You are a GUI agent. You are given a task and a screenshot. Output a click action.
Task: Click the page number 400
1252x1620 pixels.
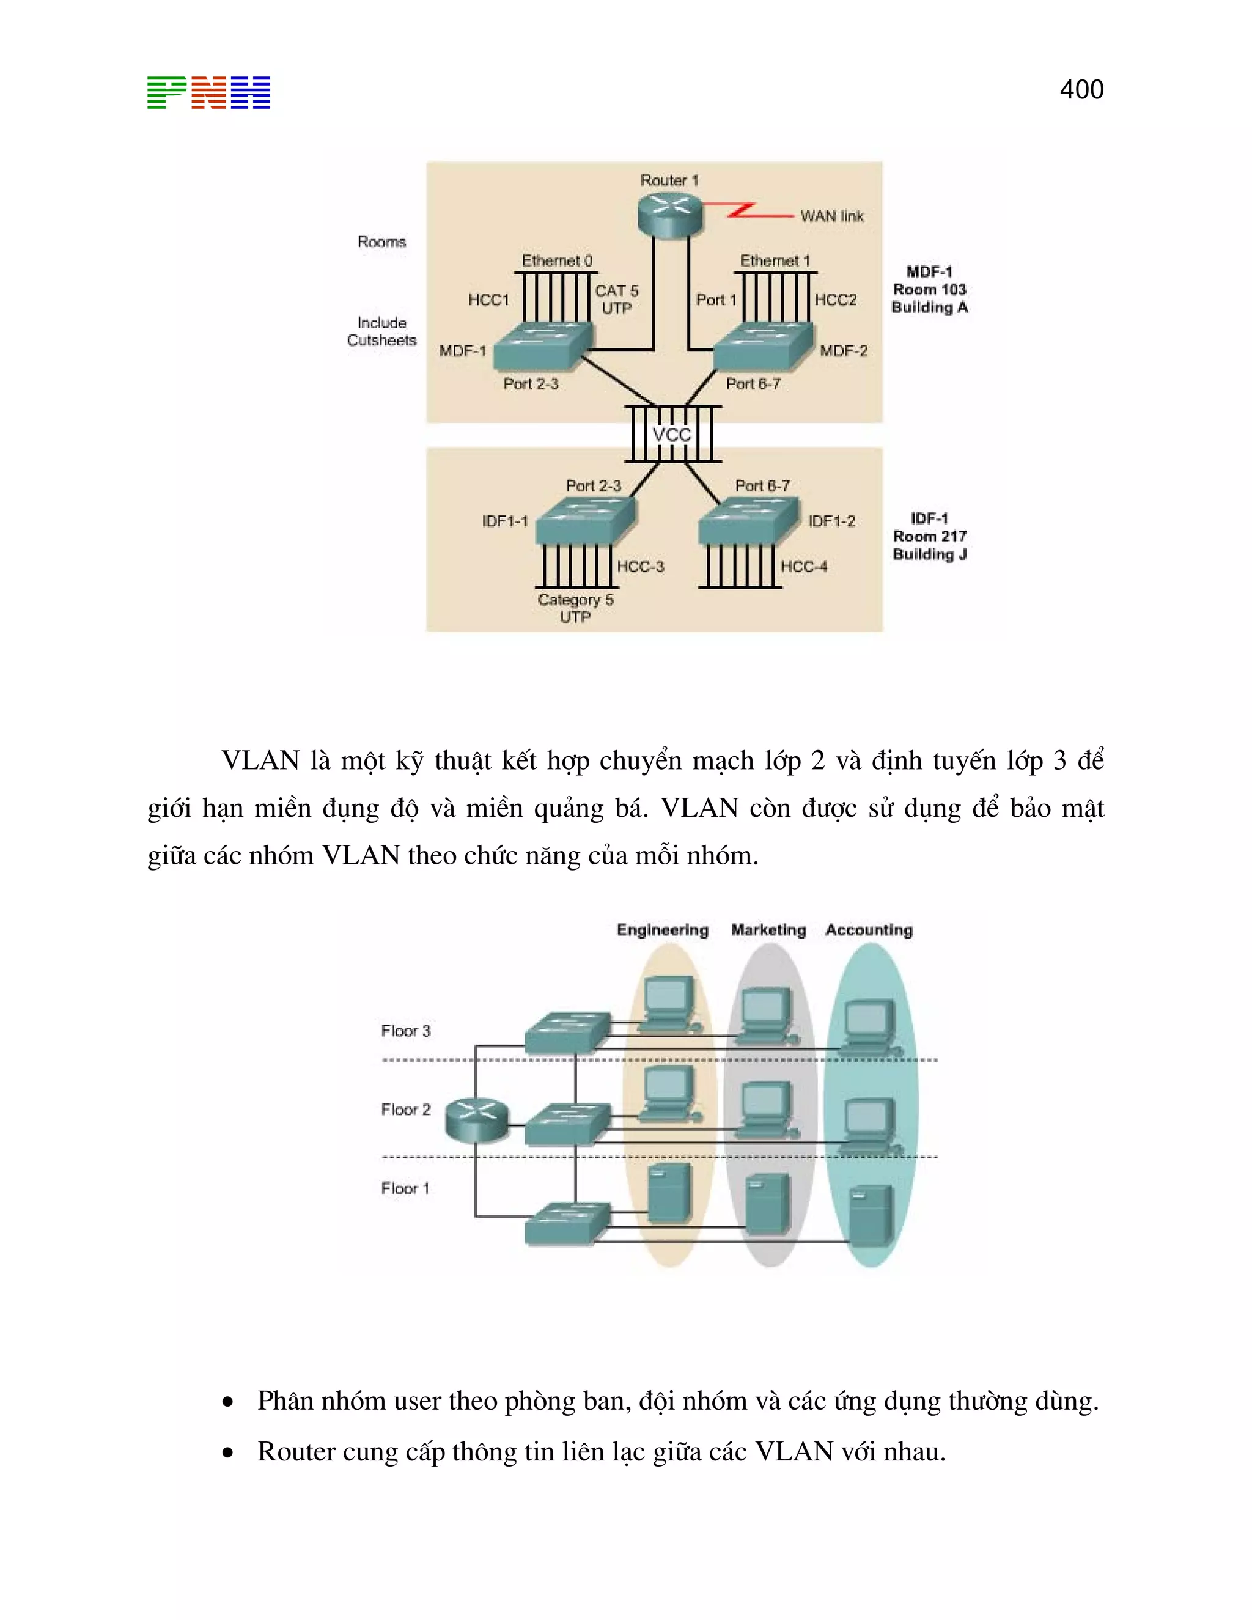tap(1081, 90)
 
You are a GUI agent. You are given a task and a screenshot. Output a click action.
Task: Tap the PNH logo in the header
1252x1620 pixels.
tap(208, 93)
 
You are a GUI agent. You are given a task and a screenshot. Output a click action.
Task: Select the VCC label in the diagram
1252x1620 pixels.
tap(671, 435)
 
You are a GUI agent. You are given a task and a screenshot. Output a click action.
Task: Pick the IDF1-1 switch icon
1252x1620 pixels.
tap(585, 521)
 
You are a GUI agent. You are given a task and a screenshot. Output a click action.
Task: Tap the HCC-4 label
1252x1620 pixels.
tap(803, 567)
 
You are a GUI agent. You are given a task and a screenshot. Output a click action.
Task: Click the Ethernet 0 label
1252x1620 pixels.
tap(556, 261)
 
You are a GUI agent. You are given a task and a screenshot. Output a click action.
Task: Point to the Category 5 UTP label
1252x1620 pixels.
tap(575, 608)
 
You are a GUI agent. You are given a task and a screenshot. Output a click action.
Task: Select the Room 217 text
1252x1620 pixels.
tap(929, 536)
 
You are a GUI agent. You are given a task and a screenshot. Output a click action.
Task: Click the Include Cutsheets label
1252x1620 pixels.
tap(381, 331)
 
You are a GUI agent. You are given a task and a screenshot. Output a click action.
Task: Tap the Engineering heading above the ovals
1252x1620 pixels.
tap(662, 930)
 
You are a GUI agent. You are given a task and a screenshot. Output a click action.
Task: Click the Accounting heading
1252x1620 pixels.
tap(869, 930)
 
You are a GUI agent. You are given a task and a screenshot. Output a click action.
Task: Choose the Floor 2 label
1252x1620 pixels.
tap(405, 1109)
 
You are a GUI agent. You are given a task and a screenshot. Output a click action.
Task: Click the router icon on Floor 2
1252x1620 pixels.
tap(477, 1119)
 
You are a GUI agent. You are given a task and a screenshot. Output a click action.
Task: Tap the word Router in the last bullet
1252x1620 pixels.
tap(293, 1452)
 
